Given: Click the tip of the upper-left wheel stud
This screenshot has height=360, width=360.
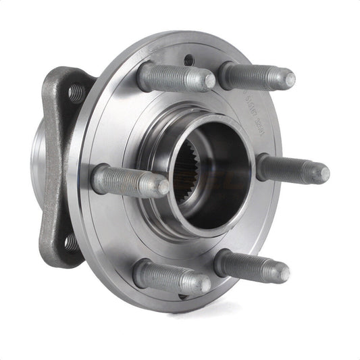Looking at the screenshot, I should click(209, 82).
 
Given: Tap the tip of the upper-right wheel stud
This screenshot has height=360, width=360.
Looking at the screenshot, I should click(290, 78).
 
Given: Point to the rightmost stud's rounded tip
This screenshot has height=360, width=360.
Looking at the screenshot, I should click(324, 174).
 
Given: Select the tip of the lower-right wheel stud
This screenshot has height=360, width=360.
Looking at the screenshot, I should click(284, 272).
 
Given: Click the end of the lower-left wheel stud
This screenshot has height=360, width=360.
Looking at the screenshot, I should click(205, 285).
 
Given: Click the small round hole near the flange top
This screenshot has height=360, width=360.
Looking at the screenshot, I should click(188, 60).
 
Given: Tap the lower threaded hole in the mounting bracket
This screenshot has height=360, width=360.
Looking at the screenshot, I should click(70, 240).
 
